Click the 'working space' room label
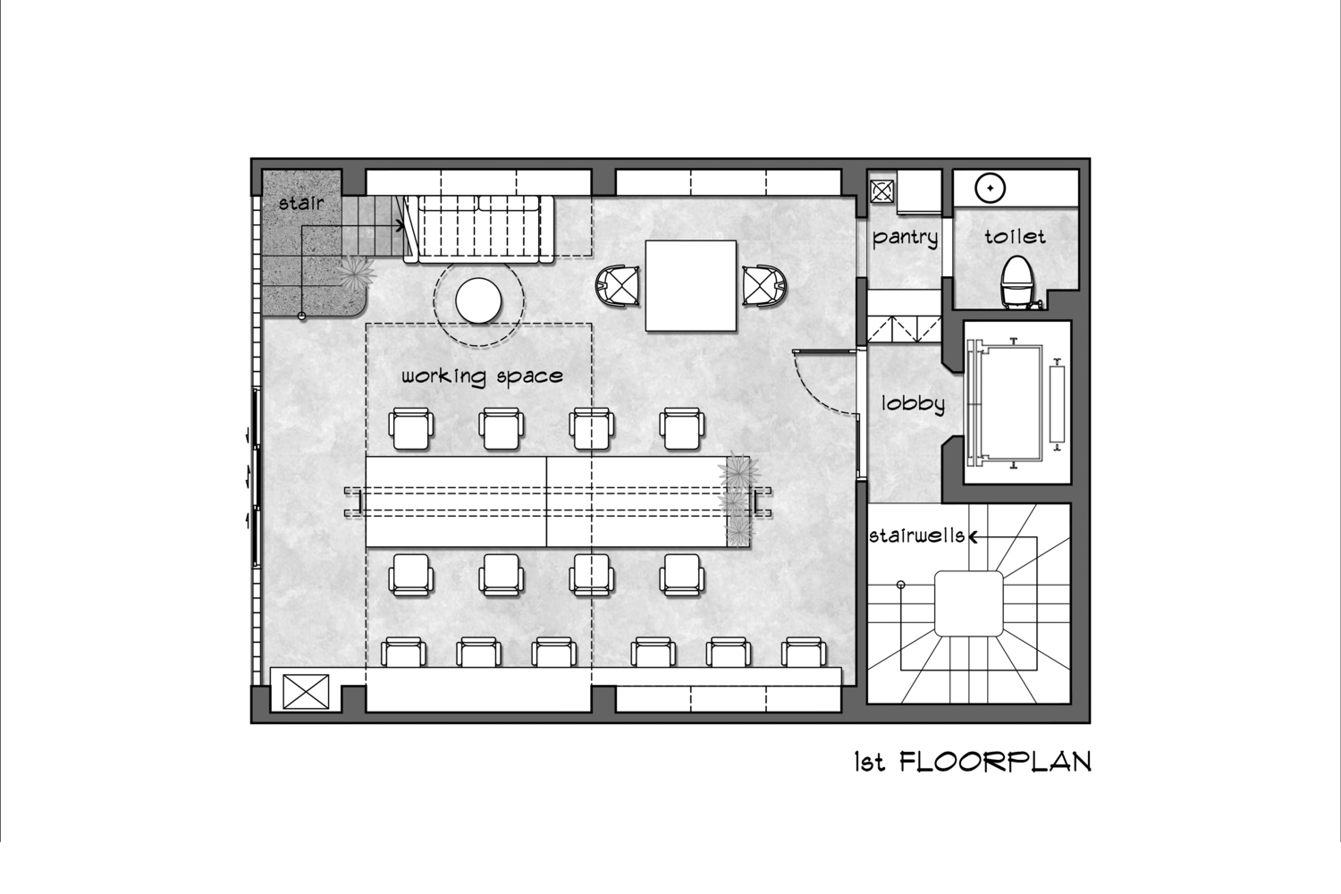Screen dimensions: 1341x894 (482, 376)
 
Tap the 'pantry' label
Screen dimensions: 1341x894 (905, 238)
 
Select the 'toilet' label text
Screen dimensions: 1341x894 (1015, 237)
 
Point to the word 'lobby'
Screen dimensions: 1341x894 (913, 403)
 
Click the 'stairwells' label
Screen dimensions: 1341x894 (916, 536)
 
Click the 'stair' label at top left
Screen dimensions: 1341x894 (301, 203)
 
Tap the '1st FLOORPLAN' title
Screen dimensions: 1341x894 (973, 763)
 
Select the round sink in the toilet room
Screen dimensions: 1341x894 (991, 188)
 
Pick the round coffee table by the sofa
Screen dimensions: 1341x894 (478, 300)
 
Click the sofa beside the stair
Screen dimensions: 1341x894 (478, 230)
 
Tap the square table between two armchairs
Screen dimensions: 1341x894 (691, 285)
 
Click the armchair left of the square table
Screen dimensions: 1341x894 (618, 286)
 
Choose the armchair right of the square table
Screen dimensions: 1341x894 (764, 285)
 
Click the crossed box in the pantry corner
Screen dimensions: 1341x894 (881, 191)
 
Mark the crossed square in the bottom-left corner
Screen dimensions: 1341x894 (306, 692)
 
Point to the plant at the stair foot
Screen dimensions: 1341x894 (356, 273)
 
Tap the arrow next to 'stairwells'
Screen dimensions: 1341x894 (974, 537)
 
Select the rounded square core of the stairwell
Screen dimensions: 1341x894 (968, 603)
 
